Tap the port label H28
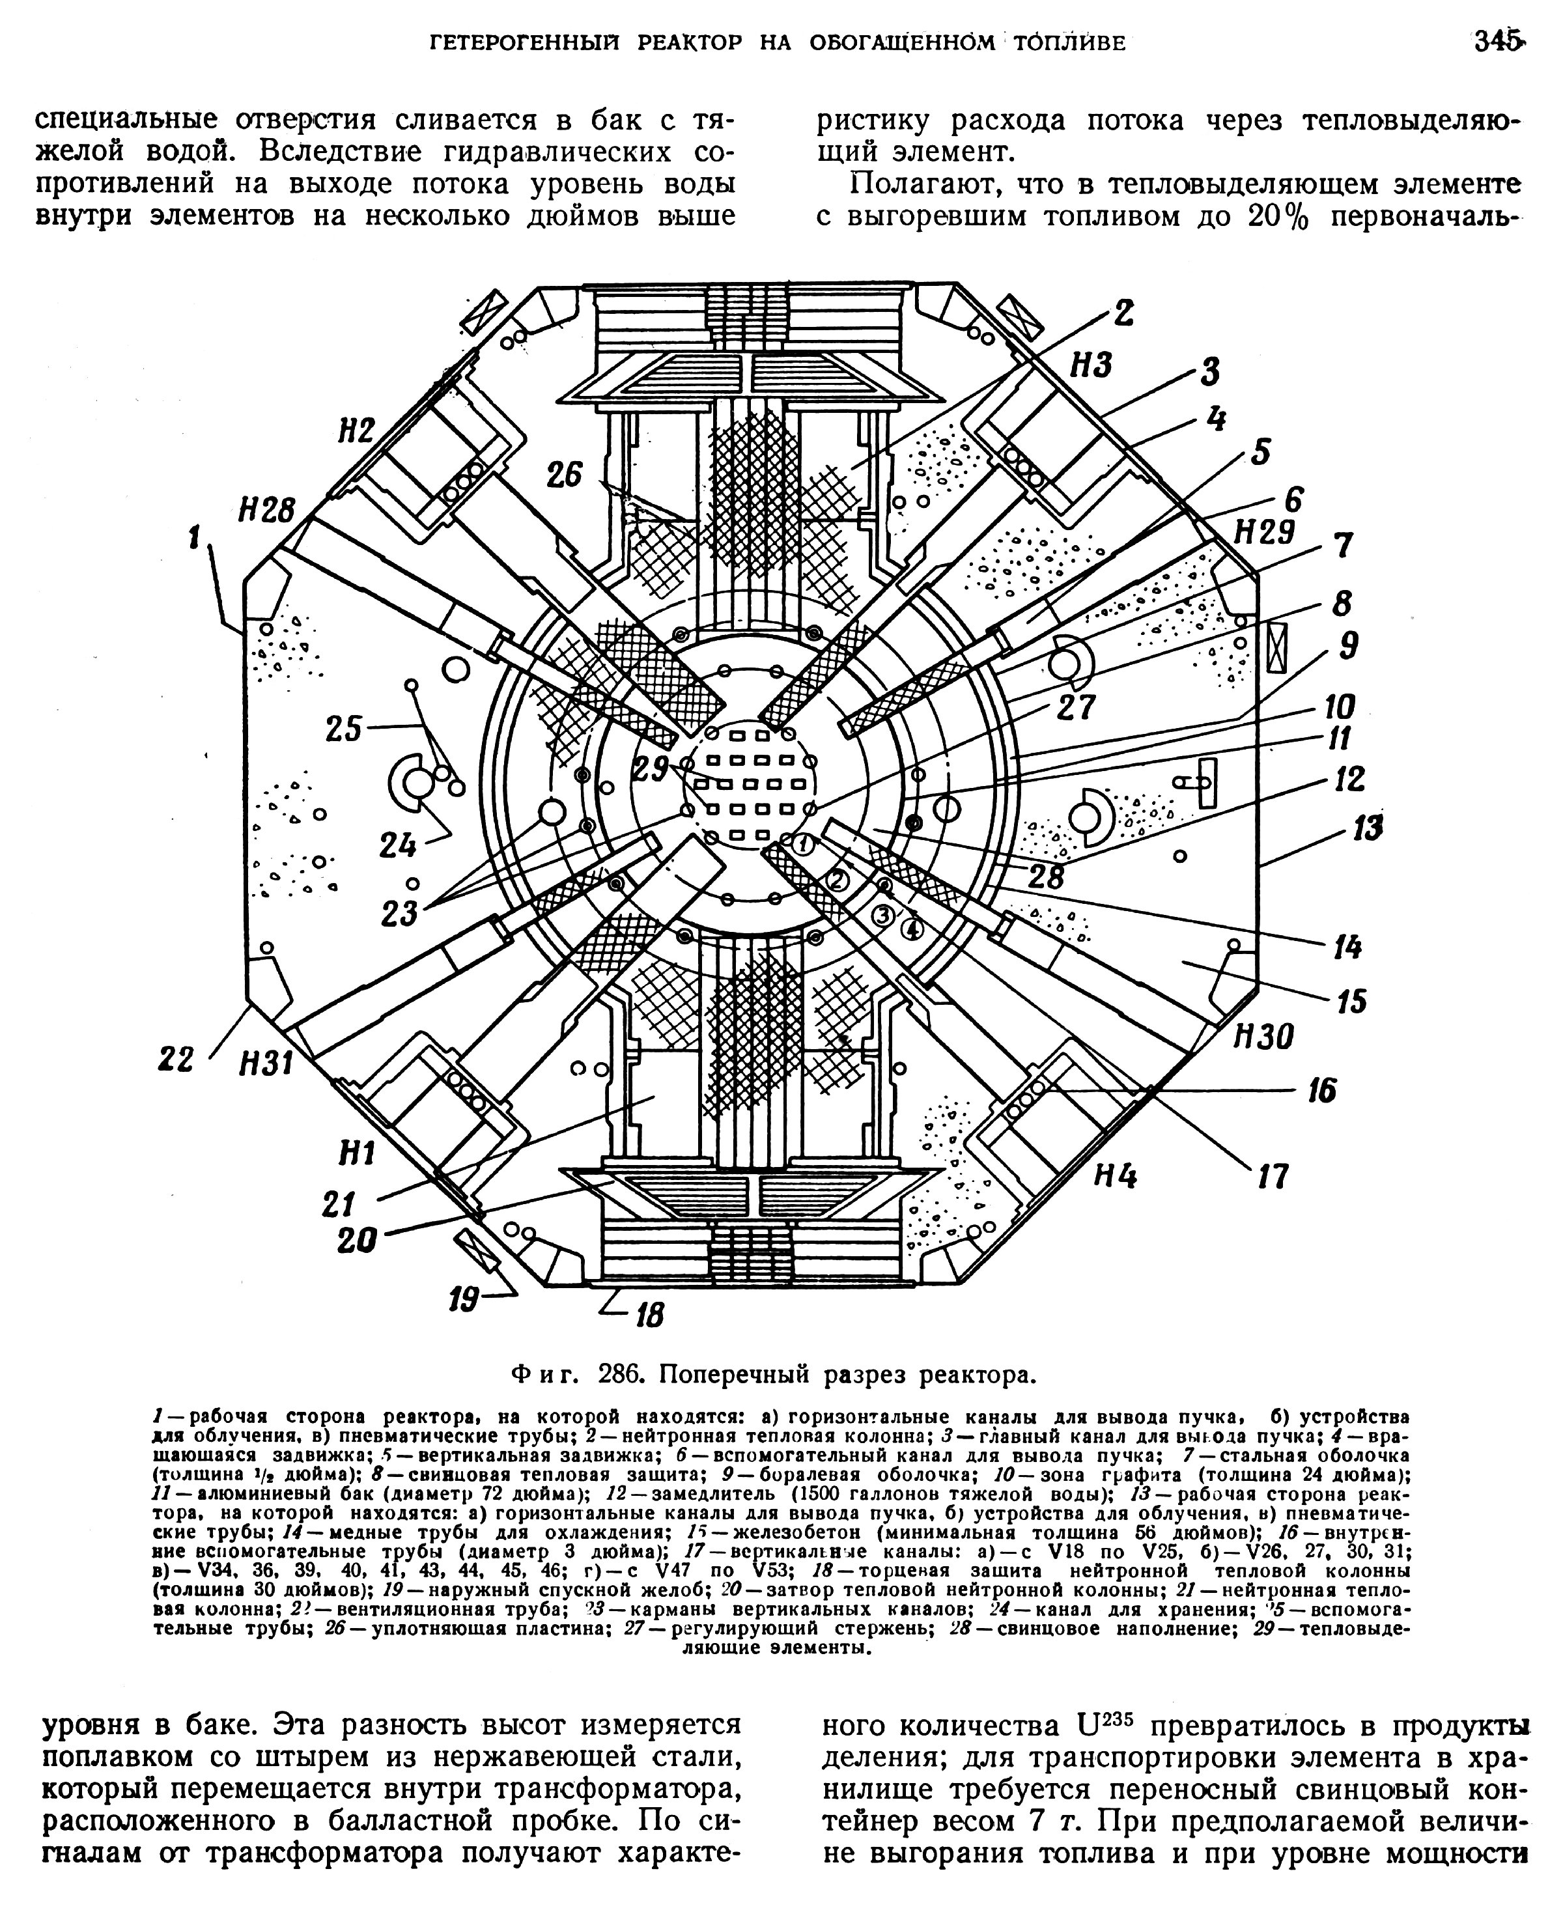(266, 511)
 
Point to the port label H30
(1262, 1038)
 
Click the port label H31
(266, 1065)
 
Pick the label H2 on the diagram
(356, 432)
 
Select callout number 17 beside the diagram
(1271, 1175)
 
